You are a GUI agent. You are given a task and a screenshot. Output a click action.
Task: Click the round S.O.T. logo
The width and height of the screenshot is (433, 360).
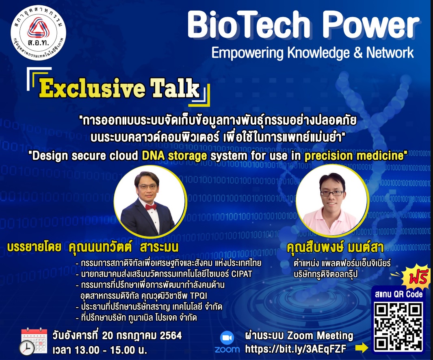(38, 33)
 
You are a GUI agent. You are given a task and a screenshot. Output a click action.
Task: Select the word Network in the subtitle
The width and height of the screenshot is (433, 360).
(390, 52)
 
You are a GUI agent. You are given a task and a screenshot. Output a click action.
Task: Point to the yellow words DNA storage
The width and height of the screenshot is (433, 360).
(174, 156)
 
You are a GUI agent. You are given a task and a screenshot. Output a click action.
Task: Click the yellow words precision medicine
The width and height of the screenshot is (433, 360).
(354, 156)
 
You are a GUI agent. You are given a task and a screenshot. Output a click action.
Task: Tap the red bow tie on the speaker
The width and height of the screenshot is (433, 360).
(151, 207)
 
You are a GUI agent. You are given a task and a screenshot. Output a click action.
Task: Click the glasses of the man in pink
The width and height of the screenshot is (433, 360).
(332, 193)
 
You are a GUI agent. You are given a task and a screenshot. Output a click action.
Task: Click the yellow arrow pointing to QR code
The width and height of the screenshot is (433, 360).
(362, 347)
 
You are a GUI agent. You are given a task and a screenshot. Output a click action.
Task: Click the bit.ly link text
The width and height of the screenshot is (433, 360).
(295, 349)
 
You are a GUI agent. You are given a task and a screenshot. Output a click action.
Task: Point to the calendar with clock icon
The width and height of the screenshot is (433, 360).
(34, 341)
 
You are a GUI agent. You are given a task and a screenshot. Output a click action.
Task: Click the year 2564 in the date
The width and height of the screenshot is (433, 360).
(171, 335)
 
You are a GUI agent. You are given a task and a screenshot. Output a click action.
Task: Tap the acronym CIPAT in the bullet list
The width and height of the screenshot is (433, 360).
(242, 274)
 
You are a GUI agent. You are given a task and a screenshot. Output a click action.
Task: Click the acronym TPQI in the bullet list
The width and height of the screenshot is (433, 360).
(198, 296)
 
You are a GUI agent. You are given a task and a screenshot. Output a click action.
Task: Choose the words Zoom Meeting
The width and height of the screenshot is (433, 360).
(320, 335)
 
